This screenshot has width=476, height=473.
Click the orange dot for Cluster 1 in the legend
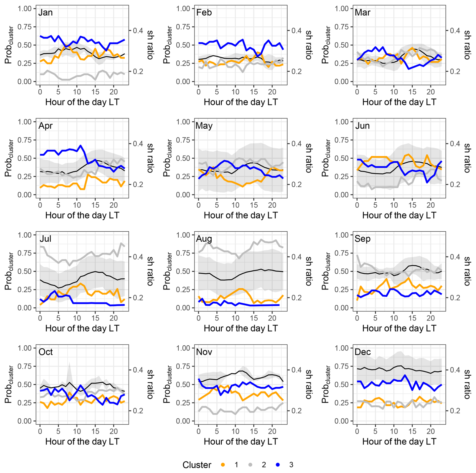coord(223,465)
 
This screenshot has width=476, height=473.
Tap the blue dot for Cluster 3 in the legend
coord(278,465)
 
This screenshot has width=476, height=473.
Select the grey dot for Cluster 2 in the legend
coord(250,465)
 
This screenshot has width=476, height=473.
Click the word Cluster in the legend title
coord(197,465)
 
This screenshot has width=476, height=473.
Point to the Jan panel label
coord(46,12)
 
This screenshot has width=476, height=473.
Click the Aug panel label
coord(204,239)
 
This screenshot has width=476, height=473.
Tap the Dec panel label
coord(363,352)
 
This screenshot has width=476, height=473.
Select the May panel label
coord(204,126)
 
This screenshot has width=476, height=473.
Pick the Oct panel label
coord(46,352)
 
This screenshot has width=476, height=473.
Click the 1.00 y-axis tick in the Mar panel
coord(341,9)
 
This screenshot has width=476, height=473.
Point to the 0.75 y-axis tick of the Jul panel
coord(24,253)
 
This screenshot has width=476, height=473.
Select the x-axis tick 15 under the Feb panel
coord(254,92)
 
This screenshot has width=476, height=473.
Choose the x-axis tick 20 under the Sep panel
coord(430,318)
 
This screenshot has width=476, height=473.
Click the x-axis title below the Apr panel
coord(82,215)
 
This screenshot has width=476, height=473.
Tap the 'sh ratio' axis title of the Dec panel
coord(467,384)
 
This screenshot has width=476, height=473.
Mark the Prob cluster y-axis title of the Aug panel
coord(167,271)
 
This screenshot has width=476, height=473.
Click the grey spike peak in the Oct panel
coord(69,362)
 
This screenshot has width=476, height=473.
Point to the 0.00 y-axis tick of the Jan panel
coord(24,82)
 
